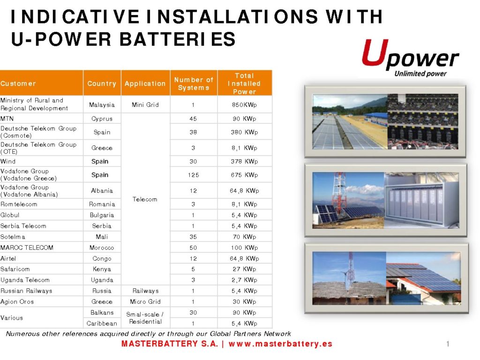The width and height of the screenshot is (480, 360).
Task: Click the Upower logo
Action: (410, 57)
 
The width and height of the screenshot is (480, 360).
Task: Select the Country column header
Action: (102, 83)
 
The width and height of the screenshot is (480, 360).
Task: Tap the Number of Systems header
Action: (194, 83)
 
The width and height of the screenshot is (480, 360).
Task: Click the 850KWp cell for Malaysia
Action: (244, 105)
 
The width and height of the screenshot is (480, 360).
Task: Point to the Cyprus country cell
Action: (102, 119)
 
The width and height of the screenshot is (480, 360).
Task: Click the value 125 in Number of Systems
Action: (194, 175)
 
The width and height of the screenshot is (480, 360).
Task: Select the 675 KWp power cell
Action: (244, 175)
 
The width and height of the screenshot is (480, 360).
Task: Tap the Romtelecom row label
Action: (19, 204)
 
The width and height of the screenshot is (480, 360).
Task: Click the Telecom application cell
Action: (145, 199)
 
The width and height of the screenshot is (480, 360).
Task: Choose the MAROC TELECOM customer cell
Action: (27, 247)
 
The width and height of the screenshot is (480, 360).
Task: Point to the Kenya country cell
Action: (102, 269)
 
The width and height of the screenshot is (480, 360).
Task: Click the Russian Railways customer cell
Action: (26, 291)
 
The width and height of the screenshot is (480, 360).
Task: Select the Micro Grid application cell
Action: (145, 301)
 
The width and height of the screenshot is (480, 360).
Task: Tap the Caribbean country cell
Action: (102, 323)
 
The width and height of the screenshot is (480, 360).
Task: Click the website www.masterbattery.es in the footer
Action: (280, 344)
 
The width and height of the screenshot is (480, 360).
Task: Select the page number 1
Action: (448, 344)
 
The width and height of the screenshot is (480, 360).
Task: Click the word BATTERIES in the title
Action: (178, 39)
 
